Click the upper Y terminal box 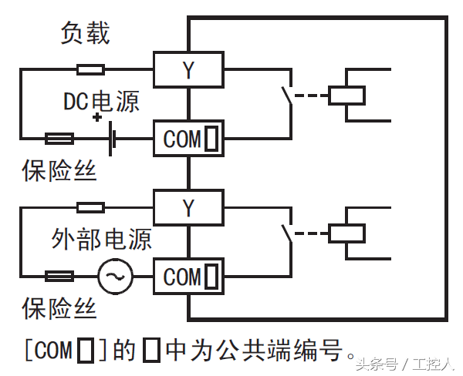(x=188, y=70)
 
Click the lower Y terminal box (x=188, y=207)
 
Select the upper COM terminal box (x=188, y=139)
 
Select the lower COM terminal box (x=188, y=277)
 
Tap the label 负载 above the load (x=86, y=33)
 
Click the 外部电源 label (x=101, y=238)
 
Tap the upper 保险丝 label (x=59, y=171)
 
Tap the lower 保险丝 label (x=59, y=308)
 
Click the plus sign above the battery (x=97, y=117)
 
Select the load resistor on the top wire (x=91, y=70)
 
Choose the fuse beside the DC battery (x=59, y=139)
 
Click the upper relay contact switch (x=287, y=97)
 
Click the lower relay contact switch (x=287, y=233)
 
